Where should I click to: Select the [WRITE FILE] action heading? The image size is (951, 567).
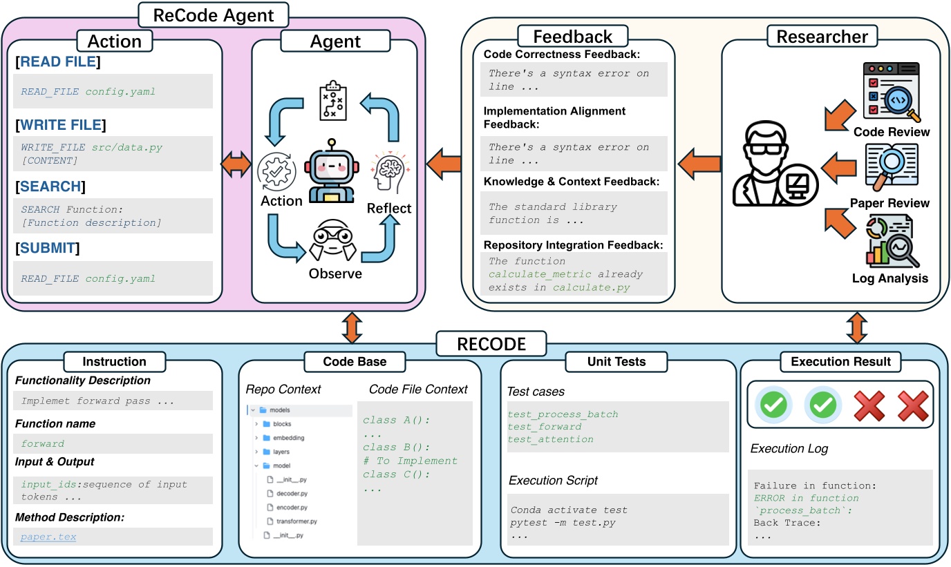coord(60,125)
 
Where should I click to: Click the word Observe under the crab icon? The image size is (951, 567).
coord(335,273)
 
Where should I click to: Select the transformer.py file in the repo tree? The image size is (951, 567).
coord(297,521)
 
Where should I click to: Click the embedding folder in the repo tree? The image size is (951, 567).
coord(288,438)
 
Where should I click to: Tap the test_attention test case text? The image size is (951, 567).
coord(550,439)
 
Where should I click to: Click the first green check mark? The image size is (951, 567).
coord(772,405)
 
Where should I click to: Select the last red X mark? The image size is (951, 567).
coord(912,405)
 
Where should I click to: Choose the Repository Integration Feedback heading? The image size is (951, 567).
coord(573,244)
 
